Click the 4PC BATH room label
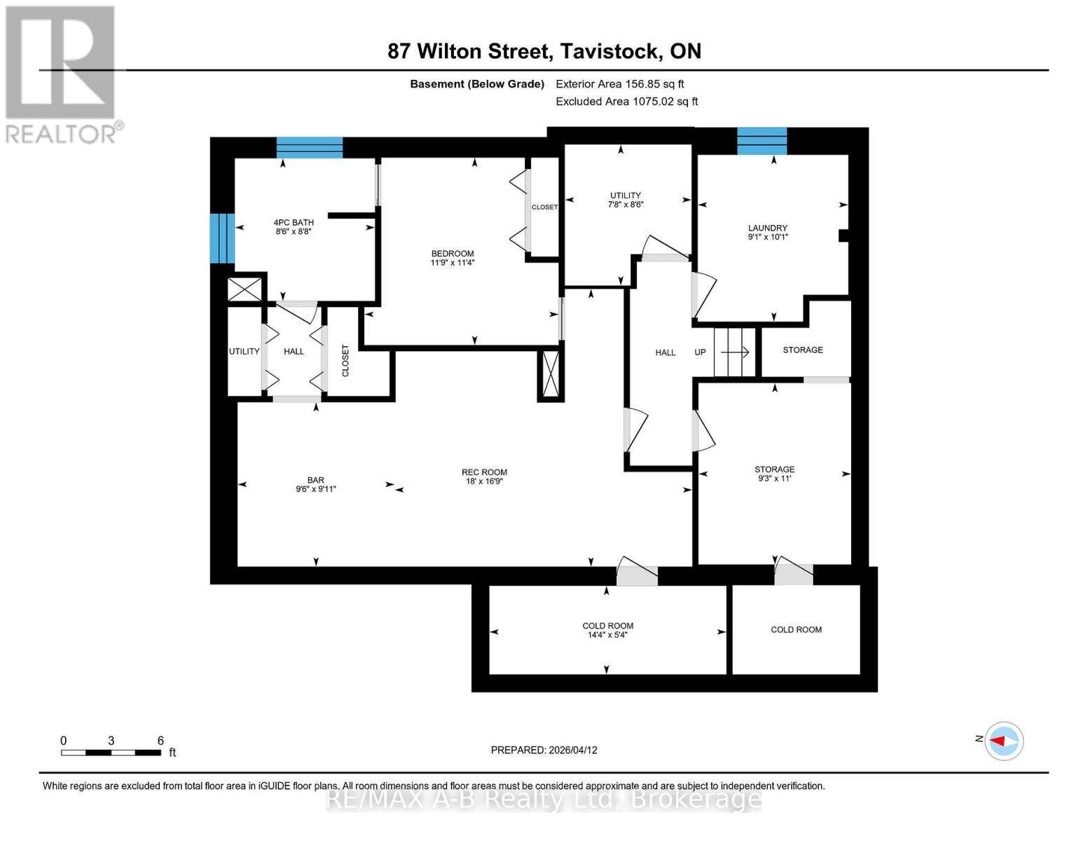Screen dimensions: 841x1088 294,222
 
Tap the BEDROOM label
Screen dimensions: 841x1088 452,254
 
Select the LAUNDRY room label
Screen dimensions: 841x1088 767,228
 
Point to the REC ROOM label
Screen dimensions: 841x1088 484,472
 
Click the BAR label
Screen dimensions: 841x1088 315,480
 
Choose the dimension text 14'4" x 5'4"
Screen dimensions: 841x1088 607,635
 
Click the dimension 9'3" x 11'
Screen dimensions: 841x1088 774,479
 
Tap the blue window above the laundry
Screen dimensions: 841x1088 762,141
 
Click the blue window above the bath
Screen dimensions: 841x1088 309,147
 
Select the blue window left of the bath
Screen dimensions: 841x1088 222,238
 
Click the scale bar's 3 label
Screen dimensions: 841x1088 111,741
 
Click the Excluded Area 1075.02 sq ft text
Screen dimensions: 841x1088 626,102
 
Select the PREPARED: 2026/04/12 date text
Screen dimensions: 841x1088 544,750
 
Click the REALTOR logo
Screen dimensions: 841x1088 62,74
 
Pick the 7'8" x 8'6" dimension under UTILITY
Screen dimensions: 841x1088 625,205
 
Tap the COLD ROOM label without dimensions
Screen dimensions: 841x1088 796,629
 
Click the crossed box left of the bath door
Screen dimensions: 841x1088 245,289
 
